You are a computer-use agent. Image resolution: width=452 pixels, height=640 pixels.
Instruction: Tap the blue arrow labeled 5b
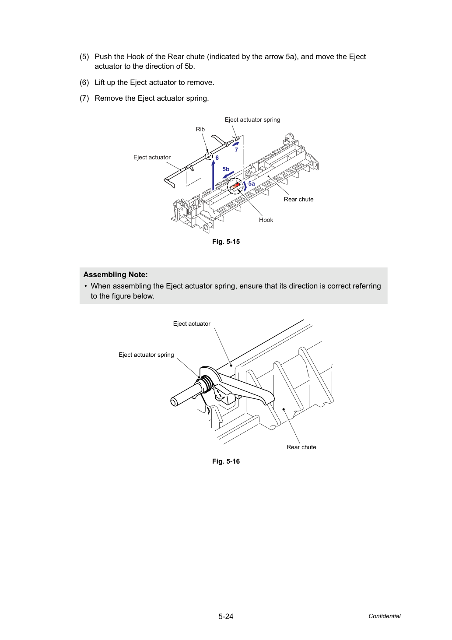228,175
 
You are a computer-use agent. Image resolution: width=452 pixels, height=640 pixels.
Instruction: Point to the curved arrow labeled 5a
245,186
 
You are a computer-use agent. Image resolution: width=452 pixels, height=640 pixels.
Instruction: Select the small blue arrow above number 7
235,144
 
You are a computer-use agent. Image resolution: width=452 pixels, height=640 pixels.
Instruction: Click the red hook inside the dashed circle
235,186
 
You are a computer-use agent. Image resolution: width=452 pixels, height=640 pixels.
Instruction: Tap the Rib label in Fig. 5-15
200,129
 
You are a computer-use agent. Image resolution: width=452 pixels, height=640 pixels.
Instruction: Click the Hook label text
266,220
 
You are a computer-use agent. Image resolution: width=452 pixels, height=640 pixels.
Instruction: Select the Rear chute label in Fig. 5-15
298,199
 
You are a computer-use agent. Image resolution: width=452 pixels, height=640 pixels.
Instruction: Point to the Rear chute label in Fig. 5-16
301,447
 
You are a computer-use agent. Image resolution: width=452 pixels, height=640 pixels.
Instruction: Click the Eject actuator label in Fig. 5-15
152,157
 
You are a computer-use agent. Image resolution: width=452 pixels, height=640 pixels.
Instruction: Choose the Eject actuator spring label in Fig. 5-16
146,355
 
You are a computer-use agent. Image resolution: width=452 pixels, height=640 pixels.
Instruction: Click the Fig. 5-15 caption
226,242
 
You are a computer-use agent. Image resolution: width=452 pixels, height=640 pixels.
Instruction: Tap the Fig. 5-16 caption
226,461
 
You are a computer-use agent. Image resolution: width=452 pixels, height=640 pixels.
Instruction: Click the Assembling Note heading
116,274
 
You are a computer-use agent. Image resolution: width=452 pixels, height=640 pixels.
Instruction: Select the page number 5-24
226,616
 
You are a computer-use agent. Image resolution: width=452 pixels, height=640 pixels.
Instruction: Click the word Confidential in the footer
384,616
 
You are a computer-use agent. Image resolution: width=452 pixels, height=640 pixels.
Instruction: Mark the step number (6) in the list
84,83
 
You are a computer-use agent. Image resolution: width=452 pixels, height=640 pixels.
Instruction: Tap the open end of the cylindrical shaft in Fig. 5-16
174,401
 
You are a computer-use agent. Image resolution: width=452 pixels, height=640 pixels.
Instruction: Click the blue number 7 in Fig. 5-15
236,150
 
